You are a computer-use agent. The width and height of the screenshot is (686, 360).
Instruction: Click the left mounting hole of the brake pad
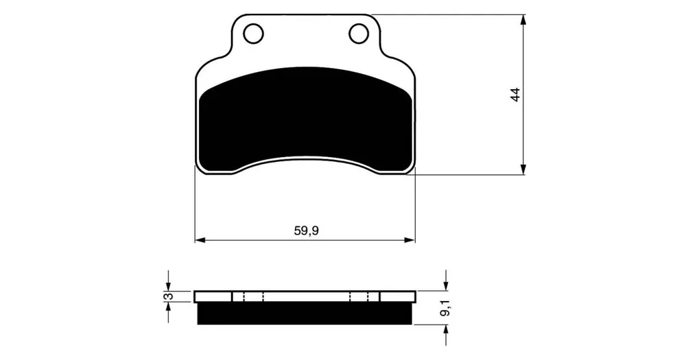(x=253, y=34)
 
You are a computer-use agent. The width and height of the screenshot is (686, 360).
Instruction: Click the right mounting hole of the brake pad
(x=358, y=34)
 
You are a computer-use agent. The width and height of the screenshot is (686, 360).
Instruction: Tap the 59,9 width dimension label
(x=306, y=230)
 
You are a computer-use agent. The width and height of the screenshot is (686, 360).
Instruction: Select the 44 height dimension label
(x=516, y=95)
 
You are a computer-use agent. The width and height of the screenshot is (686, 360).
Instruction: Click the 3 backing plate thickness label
(x=169, y=296)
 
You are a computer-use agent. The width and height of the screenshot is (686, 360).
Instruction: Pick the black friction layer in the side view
(x=305, y=313)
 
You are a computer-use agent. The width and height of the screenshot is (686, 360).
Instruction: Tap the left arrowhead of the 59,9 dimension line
(x=200, y=240)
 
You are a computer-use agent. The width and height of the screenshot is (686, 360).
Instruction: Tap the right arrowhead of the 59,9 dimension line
(x=410, y=240)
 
